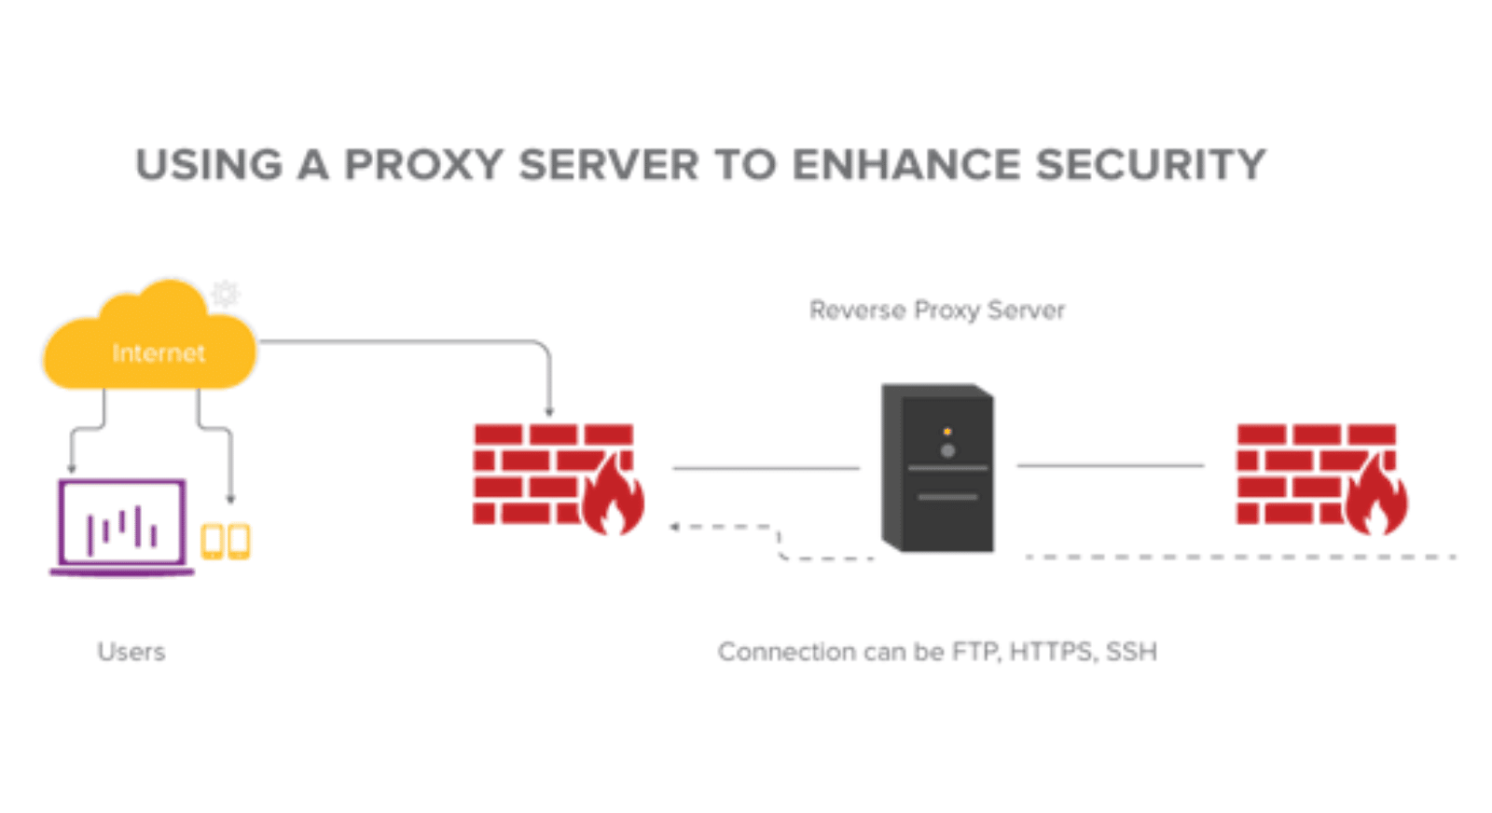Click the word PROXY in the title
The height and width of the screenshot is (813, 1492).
pyautogui.click(x=423, y=165)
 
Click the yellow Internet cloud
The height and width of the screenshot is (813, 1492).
pyautogui.click(x=149, y=345)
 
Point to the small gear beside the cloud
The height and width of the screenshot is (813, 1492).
pyautogui.click(x=225, y=294)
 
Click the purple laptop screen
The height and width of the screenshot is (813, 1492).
pyautogui.click(x=121, y=522)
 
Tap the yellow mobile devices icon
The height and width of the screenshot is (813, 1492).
pyautogui.click(x=226, y=542)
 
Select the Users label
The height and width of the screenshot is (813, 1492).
pyautogui.click(x=131, y=652)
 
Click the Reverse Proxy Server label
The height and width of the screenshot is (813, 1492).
pyautogui.click(x=936, y=310)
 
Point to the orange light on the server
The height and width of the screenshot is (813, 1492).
pyautogui.click(x=947, y=432)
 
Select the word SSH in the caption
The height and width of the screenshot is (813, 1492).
pyautogui.click(x=1131, y=652)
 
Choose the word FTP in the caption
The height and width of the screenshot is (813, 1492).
pyautogui.click(x=974, y=652)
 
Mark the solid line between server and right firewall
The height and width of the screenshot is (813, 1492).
pyautogui.click(x=1110, y=464)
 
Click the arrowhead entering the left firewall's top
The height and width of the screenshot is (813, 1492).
pyautogui.click(x=549, y=411)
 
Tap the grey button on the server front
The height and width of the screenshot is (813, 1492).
pyautogui.click(x=947, y=451)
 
